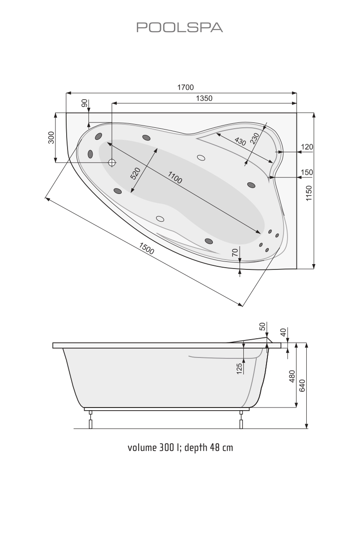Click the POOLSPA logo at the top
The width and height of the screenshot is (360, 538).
tap(179, 28)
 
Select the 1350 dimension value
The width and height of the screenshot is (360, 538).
tap(204, 98)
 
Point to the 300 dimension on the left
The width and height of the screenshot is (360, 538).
tap(51, 138)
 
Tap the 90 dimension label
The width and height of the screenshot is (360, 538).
tap(84, 103)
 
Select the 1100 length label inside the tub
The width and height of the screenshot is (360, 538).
tap(175, 178)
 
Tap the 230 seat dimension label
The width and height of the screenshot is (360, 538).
tap(255, 139)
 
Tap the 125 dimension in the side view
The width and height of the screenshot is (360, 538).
tap(239, 368)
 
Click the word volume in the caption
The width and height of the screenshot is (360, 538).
tap(141, 447)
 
